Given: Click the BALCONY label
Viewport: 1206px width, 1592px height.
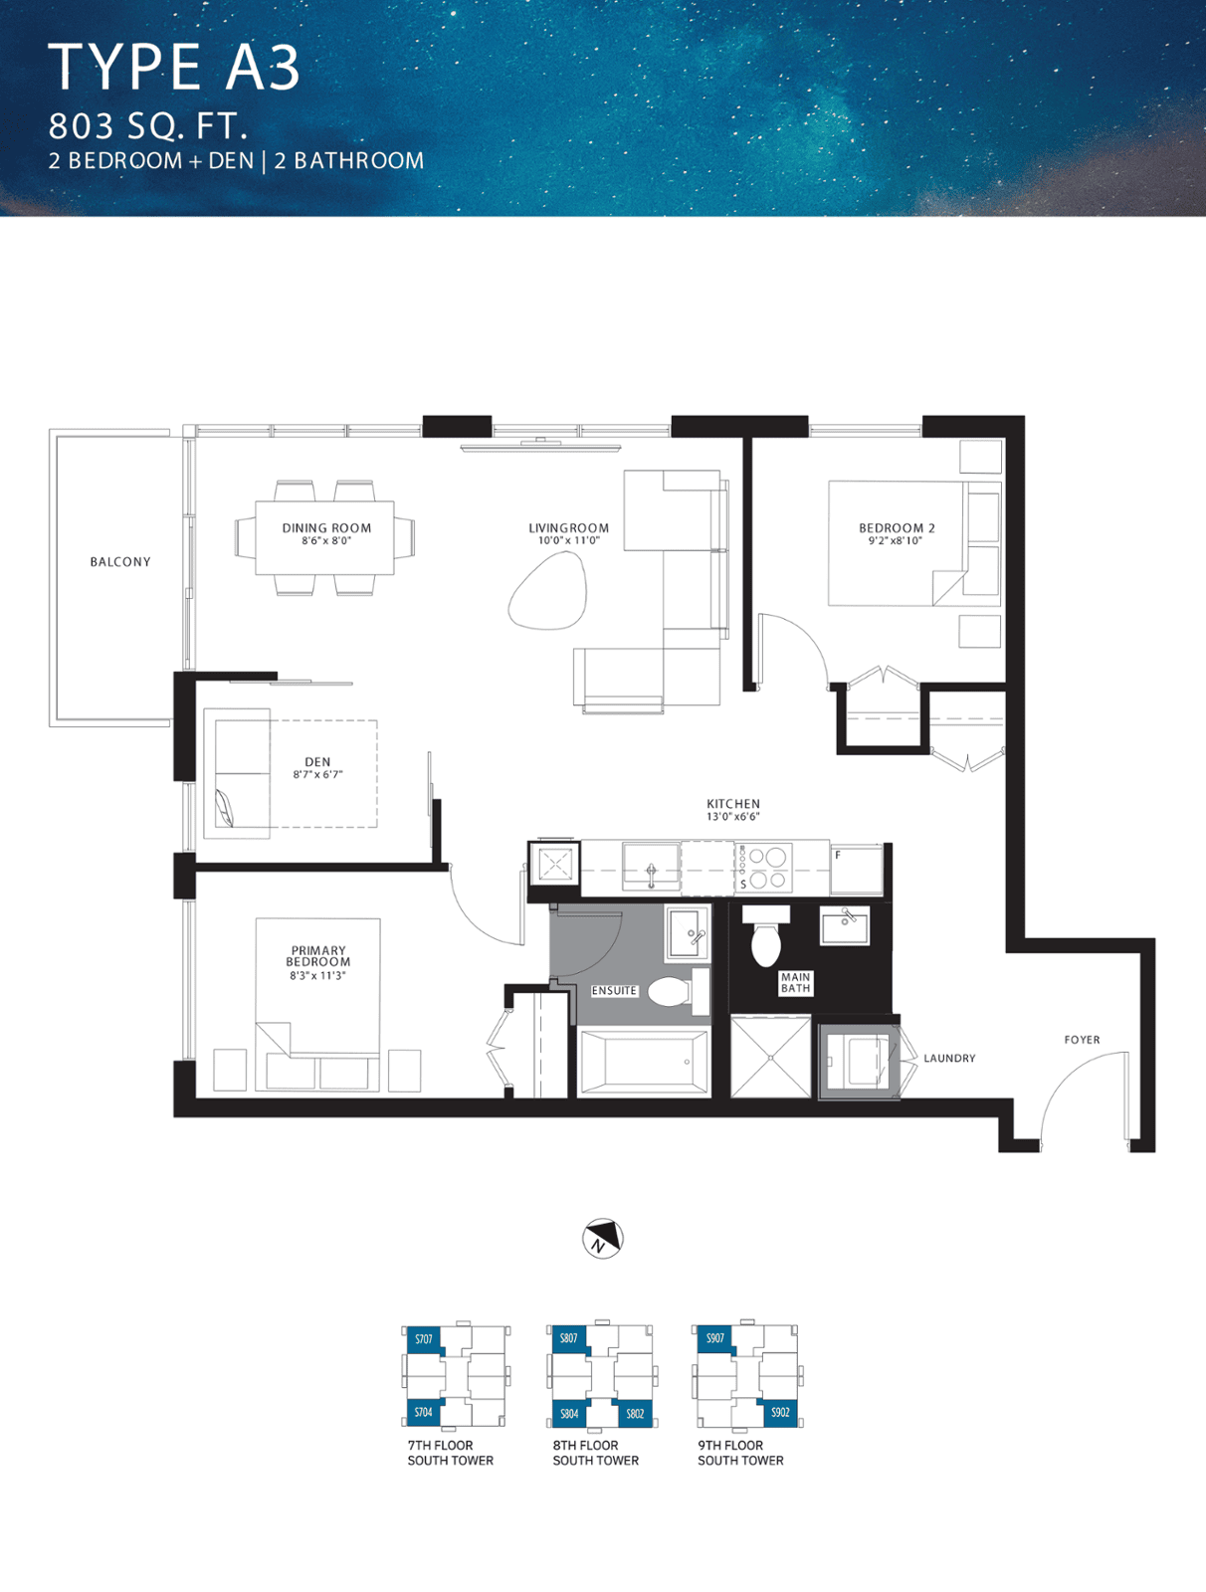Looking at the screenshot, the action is tap(120, 562).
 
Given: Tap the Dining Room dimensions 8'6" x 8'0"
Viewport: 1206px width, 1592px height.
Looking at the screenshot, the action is tap(326, 540).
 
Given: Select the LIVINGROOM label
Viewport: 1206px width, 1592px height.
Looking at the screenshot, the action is tap(568, 528).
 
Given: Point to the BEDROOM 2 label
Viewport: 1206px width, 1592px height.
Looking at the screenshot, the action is tap(898, 528).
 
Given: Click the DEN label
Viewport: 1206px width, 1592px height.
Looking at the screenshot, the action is tap(317, 761).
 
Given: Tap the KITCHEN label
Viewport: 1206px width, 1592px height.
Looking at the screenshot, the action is tap(733, 804).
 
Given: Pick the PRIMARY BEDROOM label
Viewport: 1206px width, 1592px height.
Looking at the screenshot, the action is tap(318, 956).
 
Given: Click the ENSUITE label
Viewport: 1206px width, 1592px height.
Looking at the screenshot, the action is tap(614, 991).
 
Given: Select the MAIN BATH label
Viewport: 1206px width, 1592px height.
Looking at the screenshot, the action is tap(795, 983).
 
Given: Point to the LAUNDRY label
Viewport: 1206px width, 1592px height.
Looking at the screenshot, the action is tap(949, 1059).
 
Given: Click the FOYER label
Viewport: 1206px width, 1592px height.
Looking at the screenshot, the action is tap(1082, 1040).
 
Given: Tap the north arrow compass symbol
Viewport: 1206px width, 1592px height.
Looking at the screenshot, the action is tap(603, 1238).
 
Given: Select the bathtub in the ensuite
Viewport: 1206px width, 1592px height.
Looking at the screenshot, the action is tap(644, 1063).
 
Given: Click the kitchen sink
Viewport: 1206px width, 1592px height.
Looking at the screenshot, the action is tap(651, 867).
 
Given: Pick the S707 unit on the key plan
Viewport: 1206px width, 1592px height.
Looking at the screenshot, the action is tap(424, 1339).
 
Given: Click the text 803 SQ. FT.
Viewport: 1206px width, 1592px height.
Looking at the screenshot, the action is tap(148, 126).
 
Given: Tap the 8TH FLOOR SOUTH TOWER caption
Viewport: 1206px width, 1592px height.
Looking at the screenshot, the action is tap(595, 1453).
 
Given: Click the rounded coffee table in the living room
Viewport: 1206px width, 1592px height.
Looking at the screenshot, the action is tap(548, 590).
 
